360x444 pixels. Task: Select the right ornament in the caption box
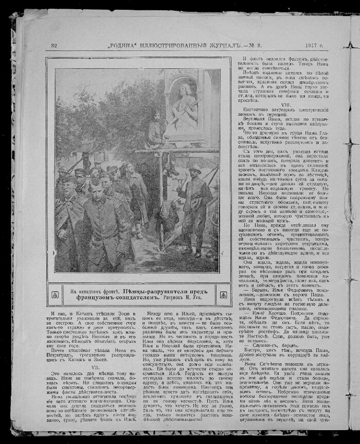[x=223, y=295]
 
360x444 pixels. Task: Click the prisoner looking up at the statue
[x=128, y=170]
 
